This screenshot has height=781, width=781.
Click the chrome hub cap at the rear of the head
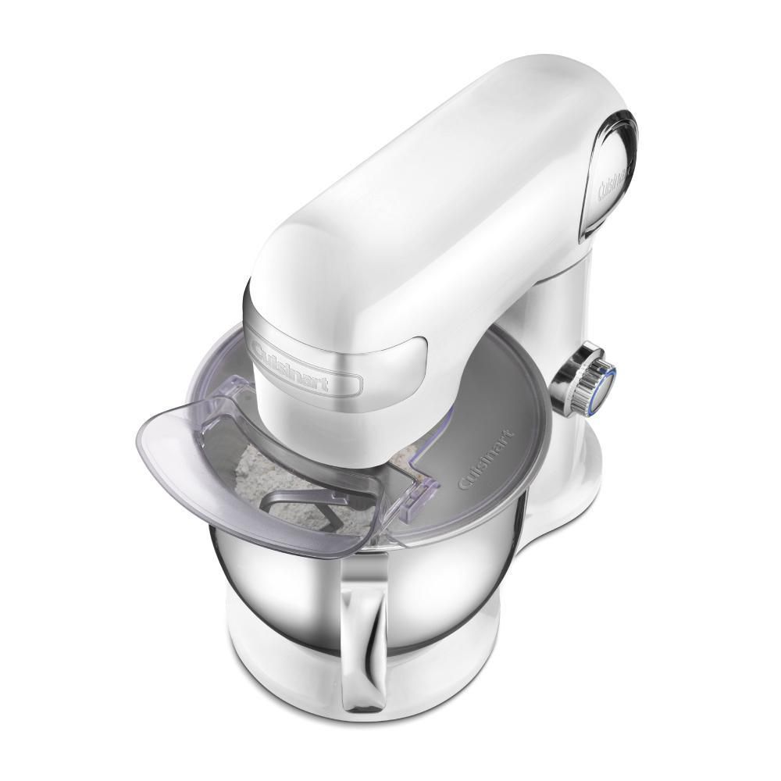613,168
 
